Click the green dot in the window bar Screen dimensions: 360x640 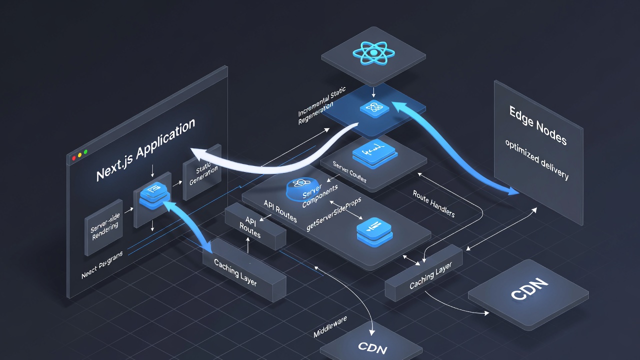(x=85, y=151)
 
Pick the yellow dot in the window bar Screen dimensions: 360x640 (x=80, y=154)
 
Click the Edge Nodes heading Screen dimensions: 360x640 (x=537, y=125)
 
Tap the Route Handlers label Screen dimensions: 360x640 (x=434, y=203)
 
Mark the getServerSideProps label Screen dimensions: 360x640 (x=334, y=212)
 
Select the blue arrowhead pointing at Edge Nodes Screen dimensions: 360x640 (x=513, y=190)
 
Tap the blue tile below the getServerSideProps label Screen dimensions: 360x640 (x=373, y=231)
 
